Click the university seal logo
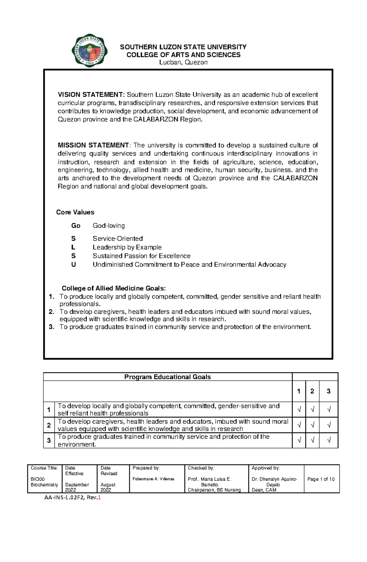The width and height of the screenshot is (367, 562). click(89, 51)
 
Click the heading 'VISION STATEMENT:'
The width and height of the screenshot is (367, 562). click(91, 95)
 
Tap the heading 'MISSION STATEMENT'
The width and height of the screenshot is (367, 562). click(93, 145)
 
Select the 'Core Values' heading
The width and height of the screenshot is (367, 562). click(75, 212)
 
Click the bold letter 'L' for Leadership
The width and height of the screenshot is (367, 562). click(73, 247)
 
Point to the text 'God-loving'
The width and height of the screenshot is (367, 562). click(109, 226)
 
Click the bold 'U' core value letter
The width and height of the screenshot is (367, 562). click(73, 265)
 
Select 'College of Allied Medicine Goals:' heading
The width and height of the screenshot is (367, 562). click(114, 288)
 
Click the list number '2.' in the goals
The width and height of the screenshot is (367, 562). click(51, 312)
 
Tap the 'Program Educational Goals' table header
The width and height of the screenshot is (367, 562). click(167, 377)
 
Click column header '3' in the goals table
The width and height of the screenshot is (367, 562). click(328, 391)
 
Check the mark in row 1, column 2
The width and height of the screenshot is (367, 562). click(312, 409)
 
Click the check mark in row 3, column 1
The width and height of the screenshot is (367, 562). click(299, 440)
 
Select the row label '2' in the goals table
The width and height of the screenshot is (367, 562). click(49, 425)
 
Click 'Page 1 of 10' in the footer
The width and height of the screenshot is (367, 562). click(321, 479)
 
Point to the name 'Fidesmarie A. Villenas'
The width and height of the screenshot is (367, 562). click(153, 479)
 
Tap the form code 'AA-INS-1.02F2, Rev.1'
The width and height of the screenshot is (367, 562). click(72, 498)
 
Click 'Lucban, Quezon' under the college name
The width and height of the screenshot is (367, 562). click(183, 62)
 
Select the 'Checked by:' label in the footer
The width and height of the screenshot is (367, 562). click(201, 468)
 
